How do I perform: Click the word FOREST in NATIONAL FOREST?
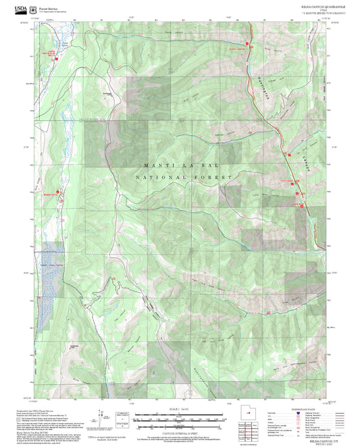click(x=215, y=178)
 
